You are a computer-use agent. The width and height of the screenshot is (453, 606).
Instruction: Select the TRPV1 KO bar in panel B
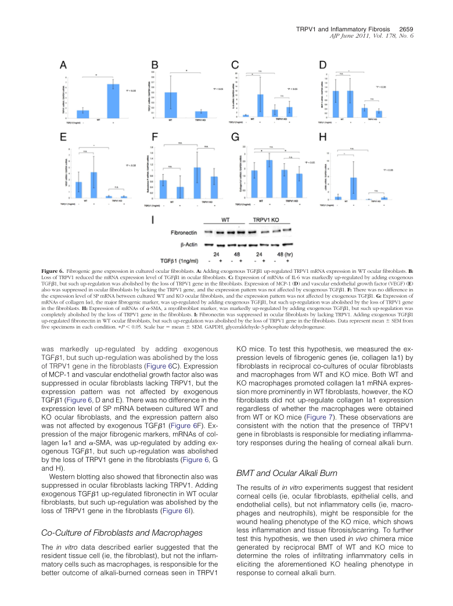[201, 114]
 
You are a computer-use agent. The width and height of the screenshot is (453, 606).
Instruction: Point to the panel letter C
[235, 65]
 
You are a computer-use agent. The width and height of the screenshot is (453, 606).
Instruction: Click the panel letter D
[323, 65]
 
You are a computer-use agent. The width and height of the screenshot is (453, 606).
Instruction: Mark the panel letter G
[235, 138]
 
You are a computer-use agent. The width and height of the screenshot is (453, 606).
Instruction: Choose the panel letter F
[154, 138]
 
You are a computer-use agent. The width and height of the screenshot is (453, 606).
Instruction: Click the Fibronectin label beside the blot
[185, 232]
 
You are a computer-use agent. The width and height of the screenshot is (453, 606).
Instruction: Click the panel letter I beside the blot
[152, 221]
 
